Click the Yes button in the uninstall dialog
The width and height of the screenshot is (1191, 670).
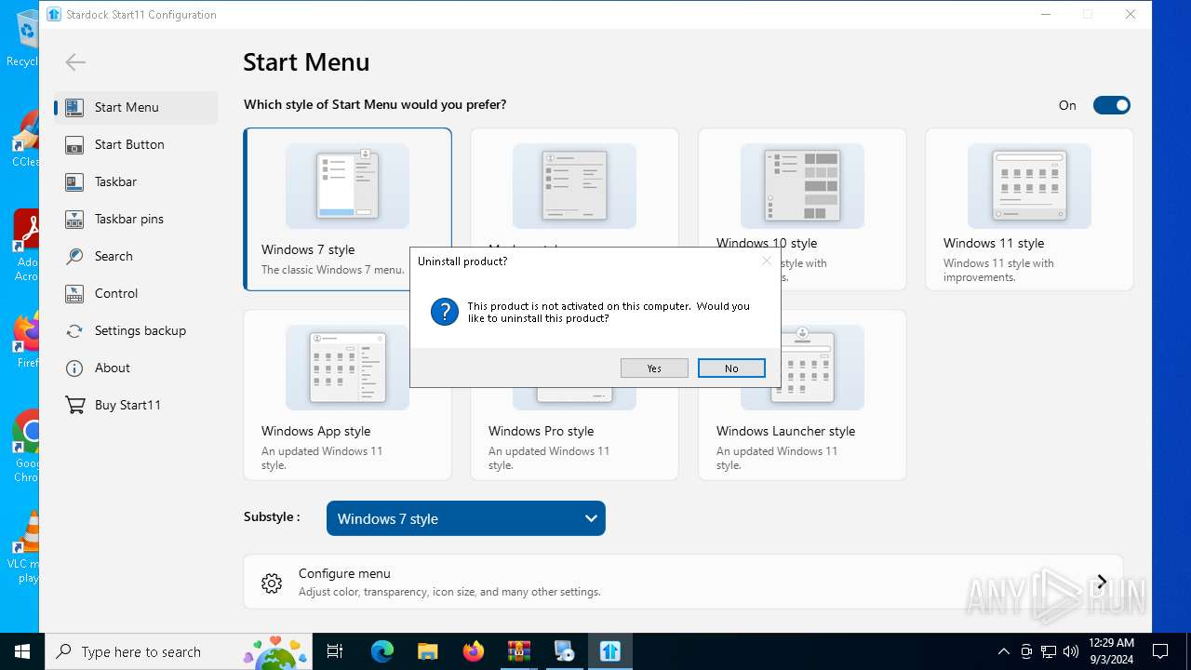pos(654,368)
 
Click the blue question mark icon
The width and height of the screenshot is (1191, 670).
pos(445,312)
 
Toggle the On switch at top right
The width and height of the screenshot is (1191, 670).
pos(1111,105)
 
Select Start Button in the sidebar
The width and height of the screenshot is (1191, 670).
pos(129,144)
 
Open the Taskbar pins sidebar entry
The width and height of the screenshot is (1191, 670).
pos(128,219)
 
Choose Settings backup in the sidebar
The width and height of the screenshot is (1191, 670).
pos(140,330)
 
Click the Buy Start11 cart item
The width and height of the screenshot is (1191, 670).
pos(127,405)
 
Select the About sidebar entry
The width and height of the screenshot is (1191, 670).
pos(112,368)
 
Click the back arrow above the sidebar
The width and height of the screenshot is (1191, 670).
pos(75,62)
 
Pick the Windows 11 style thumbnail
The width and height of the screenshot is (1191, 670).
pos(1029,186)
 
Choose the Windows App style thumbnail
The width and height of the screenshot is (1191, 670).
pos(347,368)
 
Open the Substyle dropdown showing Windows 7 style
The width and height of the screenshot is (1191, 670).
pos(465,518)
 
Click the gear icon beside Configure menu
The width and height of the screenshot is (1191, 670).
pos(272,583)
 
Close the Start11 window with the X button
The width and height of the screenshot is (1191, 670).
pos(1130,14)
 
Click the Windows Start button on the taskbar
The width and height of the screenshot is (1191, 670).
pos(22,651)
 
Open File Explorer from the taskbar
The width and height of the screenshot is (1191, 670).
pos(427,651)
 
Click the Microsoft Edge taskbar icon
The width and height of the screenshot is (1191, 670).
pos(382,651)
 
